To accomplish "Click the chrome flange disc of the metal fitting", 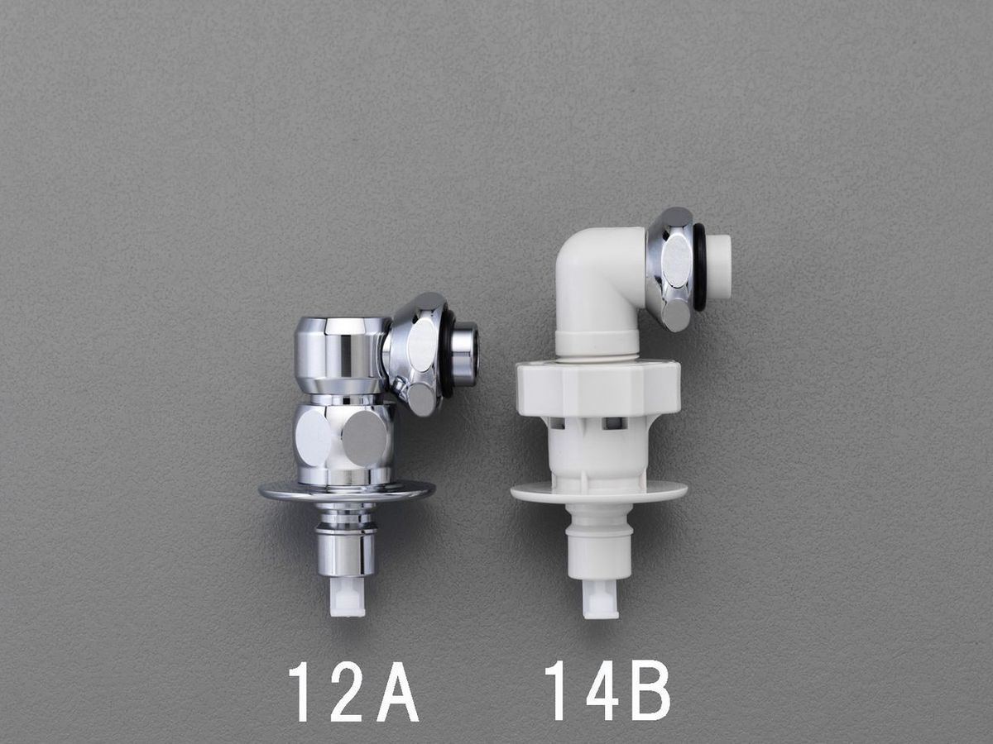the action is click(x=347, y=492).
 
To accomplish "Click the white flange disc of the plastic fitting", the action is click(x=599, y=492).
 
